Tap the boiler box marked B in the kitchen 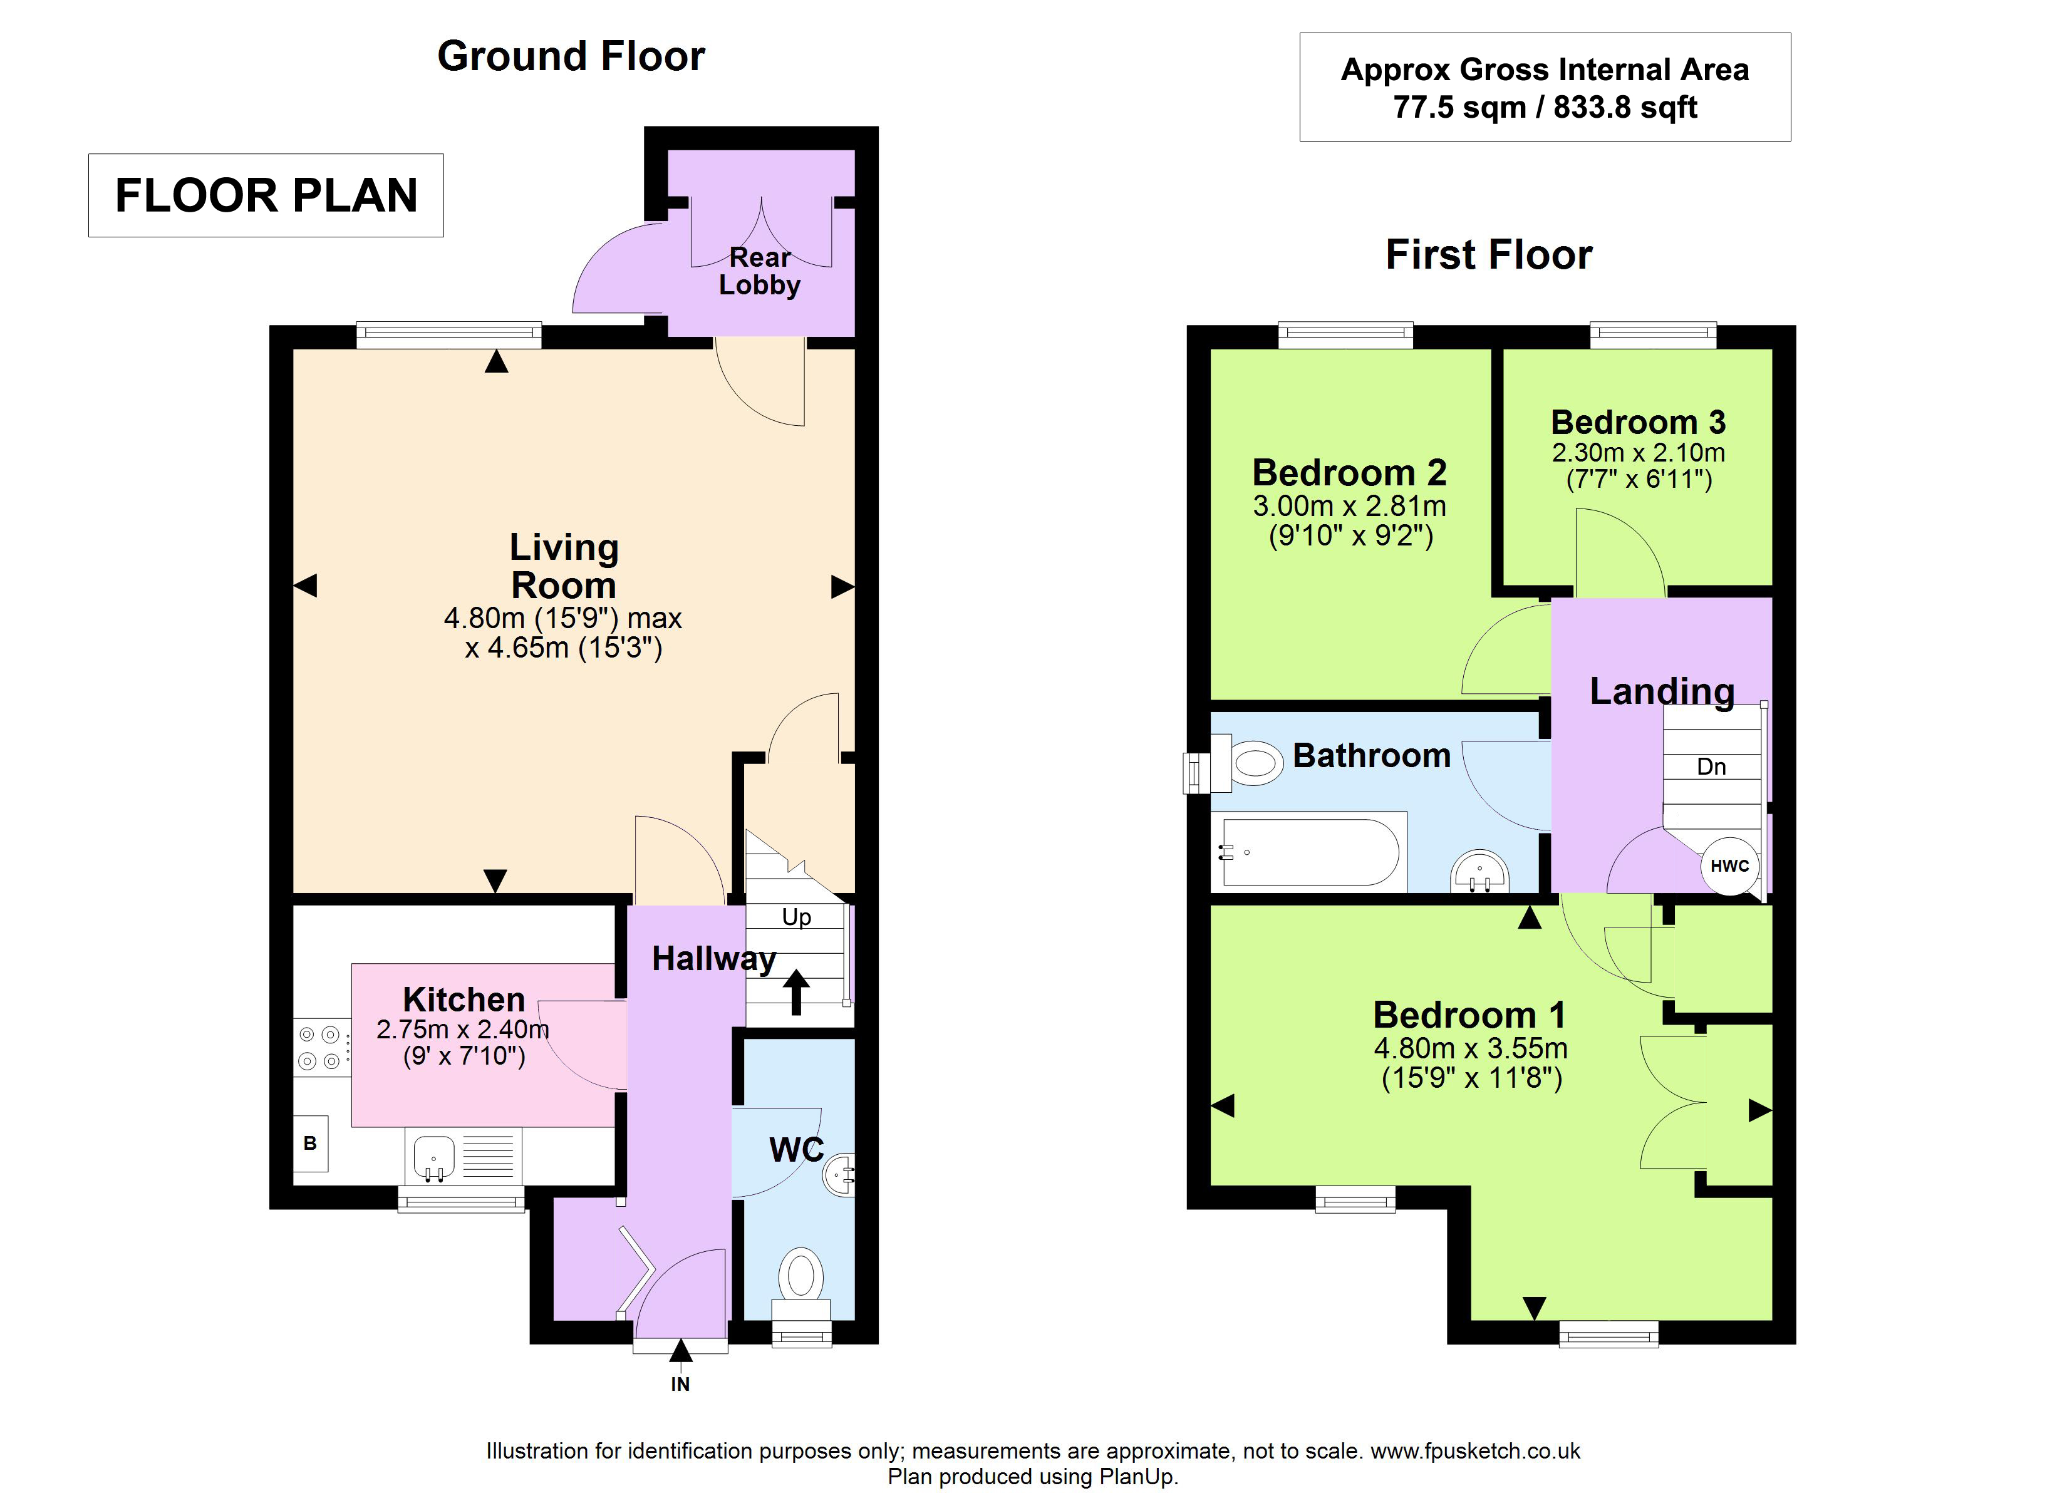pos(310,1143)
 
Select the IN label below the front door pos(680,1383)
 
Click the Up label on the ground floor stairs pos(797,917)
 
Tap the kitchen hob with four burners pos(321,1047)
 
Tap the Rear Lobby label pos(760,271)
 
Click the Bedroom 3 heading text pos(1639,422)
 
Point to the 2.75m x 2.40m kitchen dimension pos(463,1029)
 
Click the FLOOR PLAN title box pos(266,195)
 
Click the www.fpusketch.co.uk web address pos(1476,1450)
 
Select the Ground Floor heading pos(571,56)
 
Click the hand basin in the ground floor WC pos(839,1175)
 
